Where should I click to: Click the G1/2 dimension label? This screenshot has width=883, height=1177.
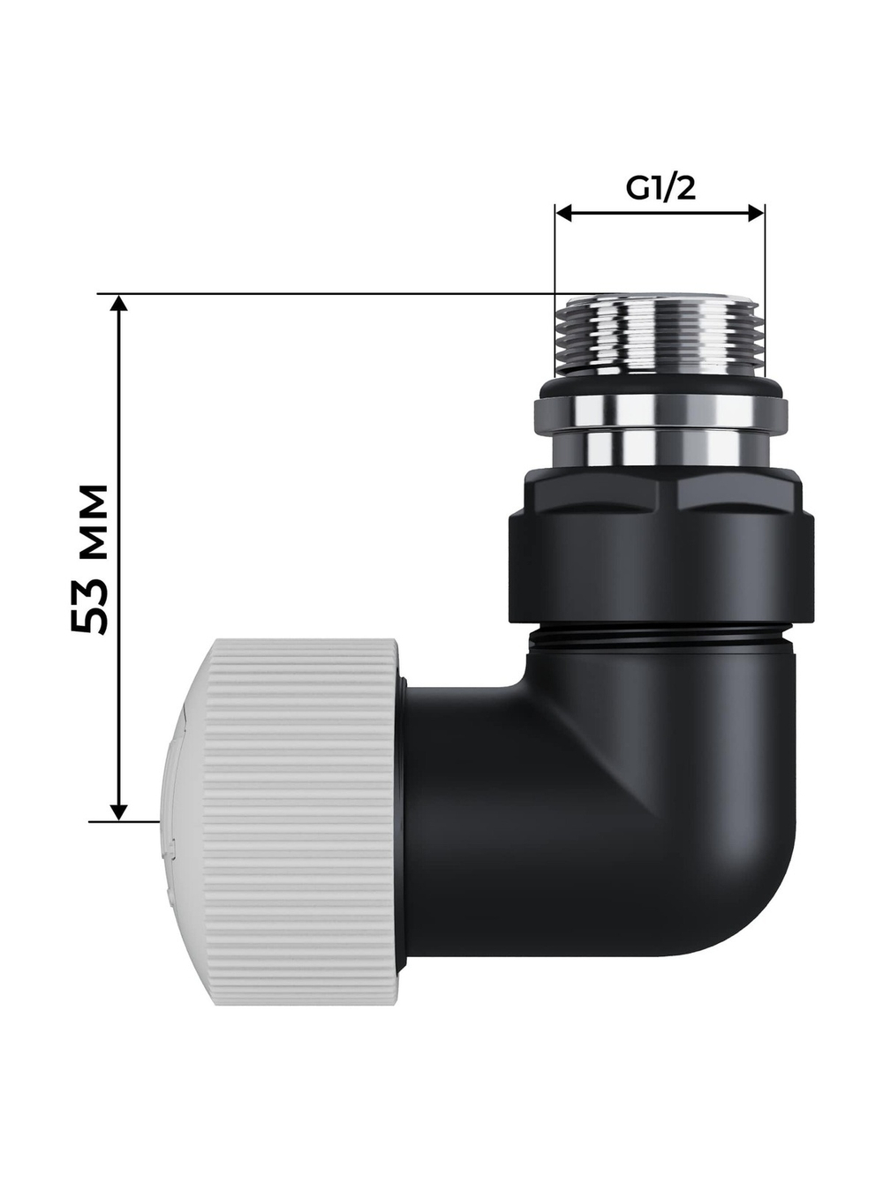coord(660,189)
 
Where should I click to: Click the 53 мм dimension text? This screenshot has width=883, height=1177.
coord(91,558)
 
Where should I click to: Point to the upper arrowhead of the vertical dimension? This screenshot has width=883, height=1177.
coord(120,303)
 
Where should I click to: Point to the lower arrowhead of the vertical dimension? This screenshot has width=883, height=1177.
coord(120,811)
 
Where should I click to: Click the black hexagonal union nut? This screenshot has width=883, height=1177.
coord(657,547)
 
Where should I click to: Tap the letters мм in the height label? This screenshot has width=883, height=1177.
coord(91,520)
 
